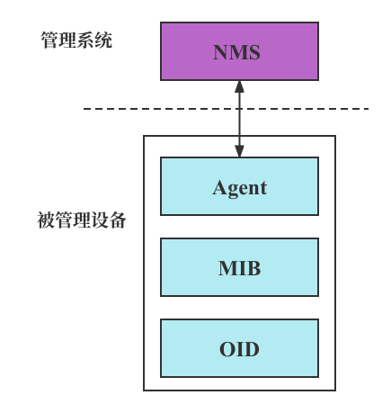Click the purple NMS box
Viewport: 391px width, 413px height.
click(x=239, y=51)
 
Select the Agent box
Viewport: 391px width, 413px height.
click(x=239, y=186)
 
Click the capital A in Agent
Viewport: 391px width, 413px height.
click(x=220, y=188)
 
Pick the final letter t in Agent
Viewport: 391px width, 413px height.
click(x=262, y=189)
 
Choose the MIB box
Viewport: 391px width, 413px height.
click(x=239, y=267)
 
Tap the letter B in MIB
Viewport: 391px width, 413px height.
click(x=253, y=268)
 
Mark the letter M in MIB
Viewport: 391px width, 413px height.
click(x=227, y=268)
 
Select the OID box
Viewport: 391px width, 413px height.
click(x=239, y=348)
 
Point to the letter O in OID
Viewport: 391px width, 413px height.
click(x=227, y=349)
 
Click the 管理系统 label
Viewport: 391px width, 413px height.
click(x=76, y=40)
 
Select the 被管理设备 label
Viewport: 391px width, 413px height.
click(x=82, y=220)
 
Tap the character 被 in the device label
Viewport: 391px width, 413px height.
click(x=46, y=220)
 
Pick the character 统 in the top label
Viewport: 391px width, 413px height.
click(x=103, y=40)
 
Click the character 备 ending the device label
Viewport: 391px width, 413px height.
click(x=118, y=220)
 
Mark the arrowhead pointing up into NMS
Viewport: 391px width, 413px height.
click(x=239, y=87)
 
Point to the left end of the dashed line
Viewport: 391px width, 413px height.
click(x=85, y=109)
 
